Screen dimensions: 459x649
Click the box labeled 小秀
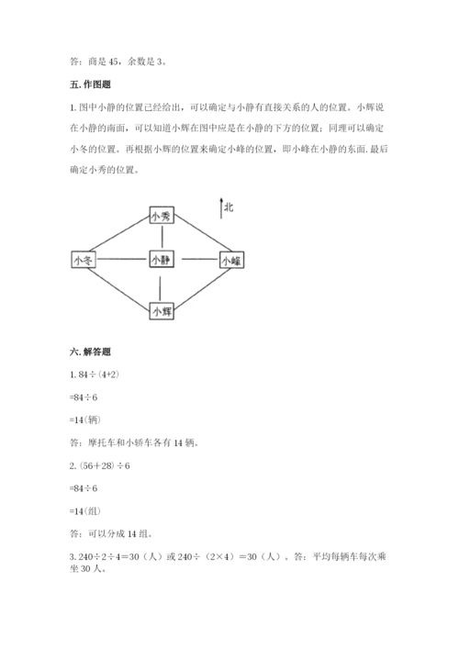[x=161, y=217]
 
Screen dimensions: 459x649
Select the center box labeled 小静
[x=161, y=261]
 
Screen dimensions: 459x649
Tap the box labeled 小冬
[x=83, y=261]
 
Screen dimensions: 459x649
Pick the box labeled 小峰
[x=230, y=261]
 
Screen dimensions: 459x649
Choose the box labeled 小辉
[x=162, y=310]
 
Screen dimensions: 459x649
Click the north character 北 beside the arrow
[x=229, y=207]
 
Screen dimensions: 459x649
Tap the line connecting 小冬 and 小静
[x=122, y=261]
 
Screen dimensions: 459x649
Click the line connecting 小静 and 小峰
[x=196, y=261]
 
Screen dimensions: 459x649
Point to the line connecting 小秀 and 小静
[x=161, y=238]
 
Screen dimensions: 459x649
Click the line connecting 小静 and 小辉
[x=161, y=285]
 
